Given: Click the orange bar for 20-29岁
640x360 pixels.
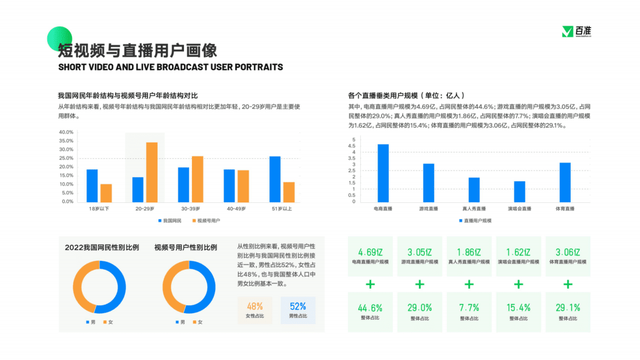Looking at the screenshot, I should coord(152,172).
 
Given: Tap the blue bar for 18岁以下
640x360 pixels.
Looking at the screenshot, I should coord(92,186).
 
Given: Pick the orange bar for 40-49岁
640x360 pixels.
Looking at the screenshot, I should coord(243,186).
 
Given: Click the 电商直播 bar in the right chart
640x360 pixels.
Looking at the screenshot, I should coord(383,173).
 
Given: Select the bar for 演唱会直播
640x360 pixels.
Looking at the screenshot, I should coord(519,192).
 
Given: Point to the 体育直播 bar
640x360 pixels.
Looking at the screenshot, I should coord(565,182).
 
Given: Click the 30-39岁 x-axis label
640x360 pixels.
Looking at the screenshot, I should coord(190,209).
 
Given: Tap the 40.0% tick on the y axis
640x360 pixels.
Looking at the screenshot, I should coord(66,132).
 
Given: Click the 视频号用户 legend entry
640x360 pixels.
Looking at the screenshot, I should coord(209,221).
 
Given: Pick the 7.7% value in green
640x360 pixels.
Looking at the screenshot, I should coord(469,308).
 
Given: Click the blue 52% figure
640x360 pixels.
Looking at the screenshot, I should coord(297,306).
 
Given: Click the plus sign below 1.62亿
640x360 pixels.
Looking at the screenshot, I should coord(518,284).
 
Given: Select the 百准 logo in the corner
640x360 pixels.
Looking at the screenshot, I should coord(576,32).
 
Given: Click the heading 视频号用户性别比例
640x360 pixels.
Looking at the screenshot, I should coord(186,248).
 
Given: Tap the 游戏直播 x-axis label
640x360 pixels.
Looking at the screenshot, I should coord(429,209).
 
